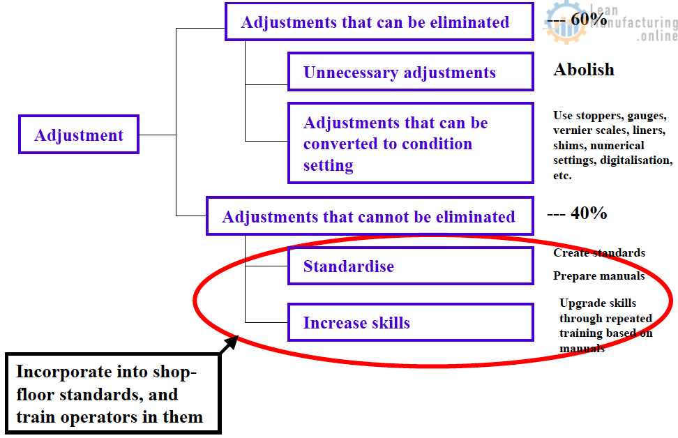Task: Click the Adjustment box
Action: click(x=79, y=135)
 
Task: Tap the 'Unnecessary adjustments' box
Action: click(x=410, y=72)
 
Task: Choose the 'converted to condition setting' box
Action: click(x=410, y=144)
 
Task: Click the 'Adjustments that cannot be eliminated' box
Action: click(x=369, y=216)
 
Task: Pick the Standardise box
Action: click(x=410, y=266)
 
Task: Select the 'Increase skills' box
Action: click(x=410, y=322)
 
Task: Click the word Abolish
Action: click(x=584, y=70)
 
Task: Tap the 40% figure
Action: click(x=589, y=213)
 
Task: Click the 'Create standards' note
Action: click(x=598, y=253)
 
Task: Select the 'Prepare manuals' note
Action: click(x=598, y=276)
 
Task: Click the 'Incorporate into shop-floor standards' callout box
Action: click(x=112, y=394)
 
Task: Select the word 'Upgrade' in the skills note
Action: click(x=580, y=303)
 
